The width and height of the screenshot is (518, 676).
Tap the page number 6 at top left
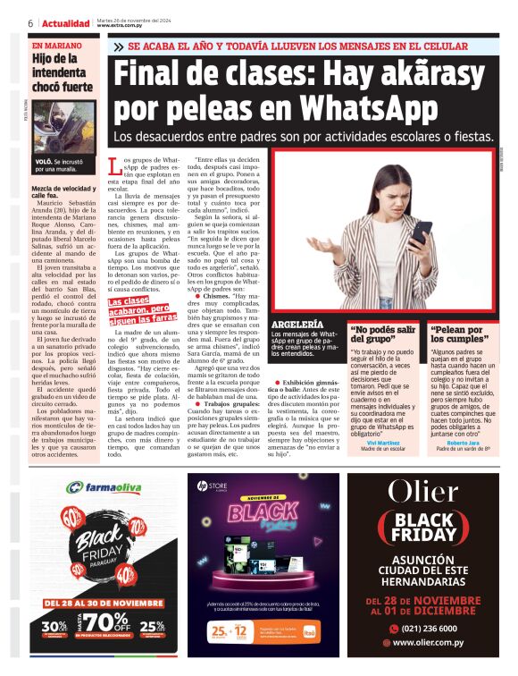[x=30, y=22]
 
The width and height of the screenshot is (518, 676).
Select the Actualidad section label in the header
[x=65, y=22]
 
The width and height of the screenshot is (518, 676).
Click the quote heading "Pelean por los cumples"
[x=458, y=334]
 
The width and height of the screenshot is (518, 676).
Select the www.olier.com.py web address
[x=441, y=642]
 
